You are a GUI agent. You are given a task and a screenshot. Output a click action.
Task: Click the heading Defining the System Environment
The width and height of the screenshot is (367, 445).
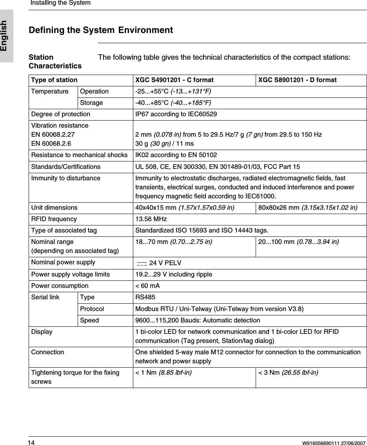point(101,30)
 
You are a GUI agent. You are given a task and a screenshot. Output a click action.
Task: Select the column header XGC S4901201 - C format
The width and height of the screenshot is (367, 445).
point(174,80)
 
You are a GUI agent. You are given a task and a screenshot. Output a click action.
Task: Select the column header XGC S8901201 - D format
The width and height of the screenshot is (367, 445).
point(297,80)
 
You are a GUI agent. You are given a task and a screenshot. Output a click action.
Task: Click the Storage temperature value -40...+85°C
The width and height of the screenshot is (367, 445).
point(173,103)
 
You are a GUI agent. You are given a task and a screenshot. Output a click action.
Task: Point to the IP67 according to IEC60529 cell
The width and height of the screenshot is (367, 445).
point(176,114)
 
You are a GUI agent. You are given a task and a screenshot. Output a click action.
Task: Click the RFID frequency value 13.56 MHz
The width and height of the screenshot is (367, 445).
point(151,219)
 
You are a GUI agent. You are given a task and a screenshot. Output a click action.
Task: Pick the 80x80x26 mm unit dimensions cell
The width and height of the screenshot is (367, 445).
point(307,207)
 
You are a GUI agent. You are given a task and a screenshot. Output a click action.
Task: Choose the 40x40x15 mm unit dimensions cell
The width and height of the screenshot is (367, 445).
point(185,207)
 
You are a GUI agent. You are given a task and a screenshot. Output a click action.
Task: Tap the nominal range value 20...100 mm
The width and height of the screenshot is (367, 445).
point(298,242)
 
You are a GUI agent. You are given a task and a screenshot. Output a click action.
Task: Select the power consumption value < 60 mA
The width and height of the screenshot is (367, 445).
point(147,286)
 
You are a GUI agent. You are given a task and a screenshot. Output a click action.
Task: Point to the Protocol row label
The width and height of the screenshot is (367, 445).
point(92,309)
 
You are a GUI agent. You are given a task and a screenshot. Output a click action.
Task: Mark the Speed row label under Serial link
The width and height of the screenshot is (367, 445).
point(89,320)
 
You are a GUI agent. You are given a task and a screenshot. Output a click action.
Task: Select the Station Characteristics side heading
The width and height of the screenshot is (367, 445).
point(55,62)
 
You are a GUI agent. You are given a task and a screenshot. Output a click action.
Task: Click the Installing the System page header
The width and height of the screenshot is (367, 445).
point(60,3)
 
